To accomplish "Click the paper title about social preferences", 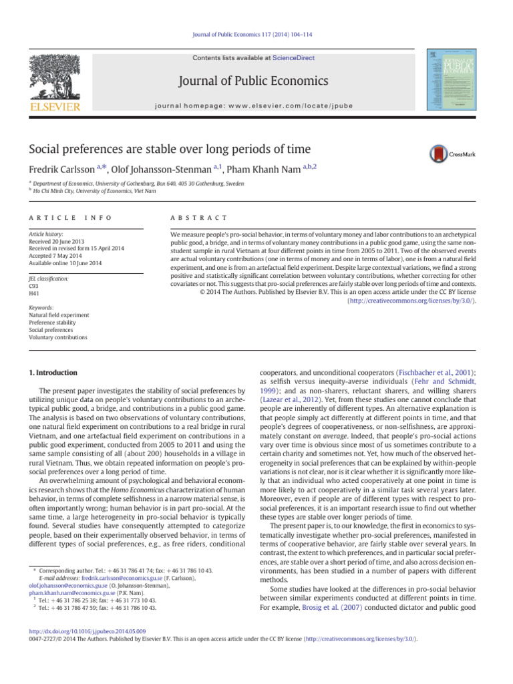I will click(x=169, y=148).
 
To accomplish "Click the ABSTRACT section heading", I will click(x=199, y=218).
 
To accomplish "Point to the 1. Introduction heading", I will click(x=53, y=372).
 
